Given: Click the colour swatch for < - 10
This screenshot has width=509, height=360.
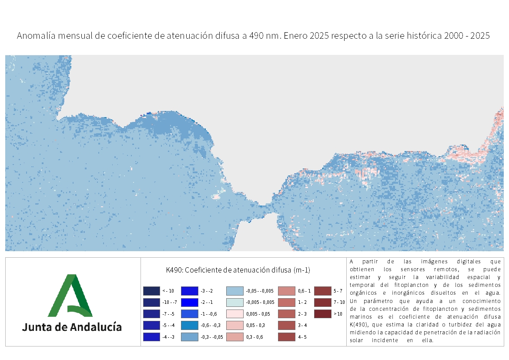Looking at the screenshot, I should click(x=151, y=290).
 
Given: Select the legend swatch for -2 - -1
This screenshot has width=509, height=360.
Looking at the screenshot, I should click(x=189, y=302).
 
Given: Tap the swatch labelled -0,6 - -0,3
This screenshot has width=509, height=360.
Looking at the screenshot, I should click(x=189, y=325).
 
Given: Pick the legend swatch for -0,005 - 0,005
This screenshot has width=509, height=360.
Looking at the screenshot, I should click(x=234, y=302).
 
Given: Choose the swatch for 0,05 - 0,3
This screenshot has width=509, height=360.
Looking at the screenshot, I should click(x=234, y=325).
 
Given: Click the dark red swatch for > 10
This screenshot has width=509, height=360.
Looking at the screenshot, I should click(x=323, y=313).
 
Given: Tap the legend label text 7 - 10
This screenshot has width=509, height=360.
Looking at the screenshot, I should click(x=339, y=302).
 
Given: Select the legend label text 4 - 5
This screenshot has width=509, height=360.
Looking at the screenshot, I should click(x=302, y=337).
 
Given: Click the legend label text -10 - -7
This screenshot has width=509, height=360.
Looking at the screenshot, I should click(x=170, y=302).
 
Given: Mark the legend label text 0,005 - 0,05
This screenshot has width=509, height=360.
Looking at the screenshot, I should click(x=258, y=314).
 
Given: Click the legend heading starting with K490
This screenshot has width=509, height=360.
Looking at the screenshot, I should click(x=238, y=270).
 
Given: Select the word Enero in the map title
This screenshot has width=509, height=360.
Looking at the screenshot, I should click(x=296, y=36).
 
